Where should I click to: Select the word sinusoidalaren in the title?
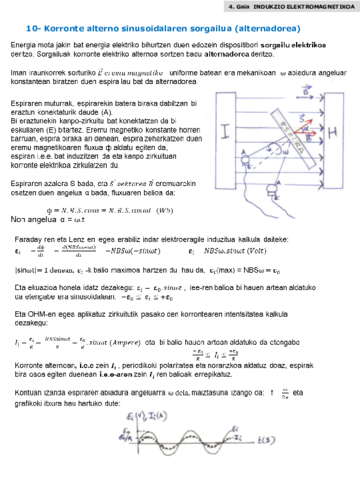point(151,29)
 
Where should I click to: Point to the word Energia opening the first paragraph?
point(25,47)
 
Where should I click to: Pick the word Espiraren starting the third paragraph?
point(30,102)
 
